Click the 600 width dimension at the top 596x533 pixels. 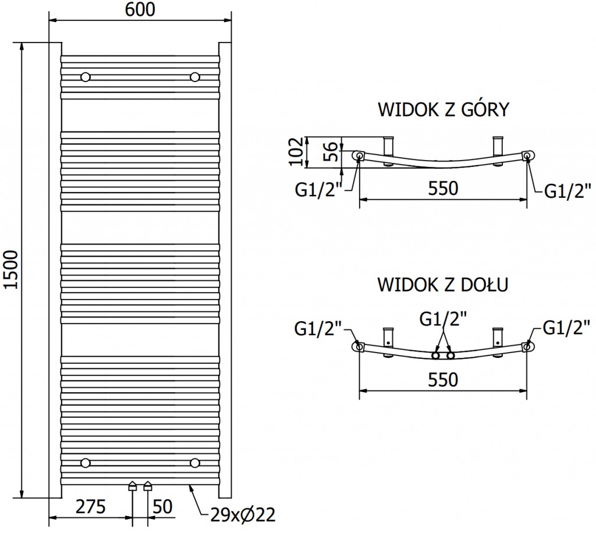(x=140, y=10)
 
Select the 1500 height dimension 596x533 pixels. (x=10, y=271)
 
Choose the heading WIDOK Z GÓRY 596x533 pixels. (x=444, y=109)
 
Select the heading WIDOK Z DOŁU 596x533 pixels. (x=444, y=285)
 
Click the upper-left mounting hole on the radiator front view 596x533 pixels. (x=86, y=77)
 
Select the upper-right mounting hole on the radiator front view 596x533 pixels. (x=194, y=77)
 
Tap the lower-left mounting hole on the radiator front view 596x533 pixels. (x=86, y=463)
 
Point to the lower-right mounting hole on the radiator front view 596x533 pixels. (x=194, y=463)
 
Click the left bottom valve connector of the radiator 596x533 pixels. (x=133, y=486)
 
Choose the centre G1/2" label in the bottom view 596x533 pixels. (x=443, y=319)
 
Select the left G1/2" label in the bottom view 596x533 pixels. (x=318, y=329)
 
